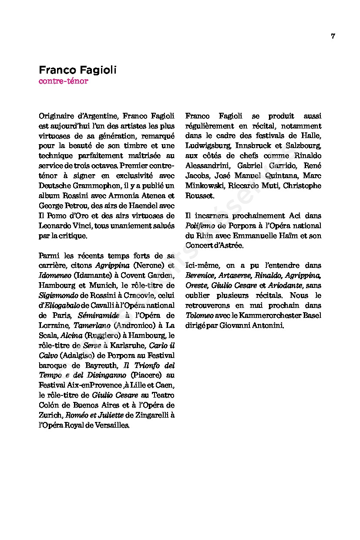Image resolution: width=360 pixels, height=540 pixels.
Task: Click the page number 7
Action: coord(333,36)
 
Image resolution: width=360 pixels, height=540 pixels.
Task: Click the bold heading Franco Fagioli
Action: coord(78,70)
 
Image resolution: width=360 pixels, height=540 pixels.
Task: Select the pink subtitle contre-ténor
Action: coord(64,81)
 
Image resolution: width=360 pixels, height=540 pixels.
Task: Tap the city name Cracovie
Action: coord(127,295)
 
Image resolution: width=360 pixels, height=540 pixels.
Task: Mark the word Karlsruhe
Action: coord(128,345)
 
